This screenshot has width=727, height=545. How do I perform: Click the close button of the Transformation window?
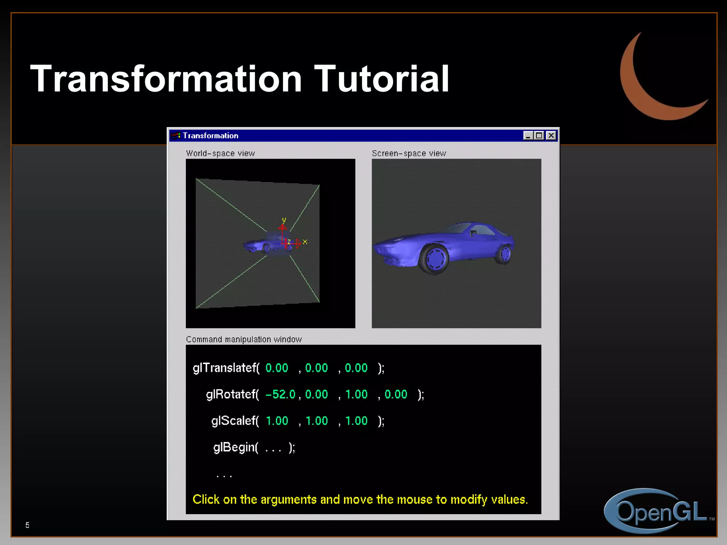(551, 136)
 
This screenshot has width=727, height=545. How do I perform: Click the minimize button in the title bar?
(528, 136)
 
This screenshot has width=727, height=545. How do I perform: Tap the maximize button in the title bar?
(539, 136)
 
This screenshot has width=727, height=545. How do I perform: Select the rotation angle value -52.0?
(280, 394)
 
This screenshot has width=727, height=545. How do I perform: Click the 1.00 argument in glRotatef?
(356, 394)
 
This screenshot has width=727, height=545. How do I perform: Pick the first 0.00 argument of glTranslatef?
(277, 368)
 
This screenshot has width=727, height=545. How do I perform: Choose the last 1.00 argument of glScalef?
(356, 421)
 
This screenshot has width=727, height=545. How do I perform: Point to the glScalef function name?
(234, 421)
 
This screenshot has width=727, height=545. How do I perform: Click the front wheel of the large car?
(434, 259)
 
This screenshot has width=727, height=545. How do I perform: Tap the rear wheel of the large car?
(504, 254)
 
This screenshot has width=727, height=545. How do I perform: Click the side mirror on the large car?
(473, 233)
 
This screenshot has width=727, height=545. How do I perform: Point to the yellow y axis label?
(284, 220)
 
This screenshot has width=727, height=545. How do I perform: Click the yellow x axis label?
(305, 242)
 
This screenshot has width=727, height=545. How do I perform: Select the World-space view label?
(220, 153)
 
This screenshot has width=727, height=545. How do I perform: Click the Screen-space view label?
(409, 153)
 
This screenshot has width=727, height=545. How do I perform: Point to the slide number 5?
(27, 525)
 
